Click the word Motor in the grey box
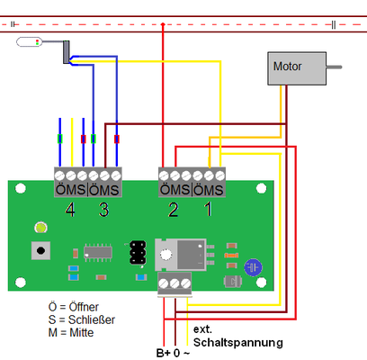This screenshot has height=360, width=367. (x=287, y=67)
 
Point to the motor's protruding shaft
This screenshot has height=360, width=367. (x=334, y=67)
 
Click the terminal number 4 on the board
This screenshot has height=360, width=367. (x=70, y=210)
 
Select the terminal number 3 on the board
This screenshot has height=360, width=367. (x=103, y=210)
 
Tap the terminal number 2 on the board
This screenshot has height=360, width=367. (x=174, y=210)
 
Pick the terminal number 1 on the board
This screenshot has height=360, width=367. (x=209, y=209)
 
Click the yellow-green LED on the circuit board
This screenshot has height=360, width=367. (x=40, y=228)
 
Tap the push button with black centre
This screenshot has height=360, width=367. (x=40, y=250)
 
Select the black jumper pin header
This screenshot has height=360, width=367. (x=138, y=253)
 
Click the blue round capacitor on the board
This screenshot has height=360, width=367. (x=253, y=267)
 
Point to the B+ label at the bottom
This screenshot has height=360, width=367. (x=164, y=353)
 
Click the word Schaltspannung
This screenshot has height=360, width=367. (x=238, y=343)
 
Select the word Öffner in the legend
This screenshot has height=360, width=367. (x=84, y=307)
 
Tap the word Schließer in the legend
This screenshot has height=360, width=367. (x=92, y=319)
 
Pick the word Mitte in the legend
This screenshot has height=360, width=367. (x=82, y=333)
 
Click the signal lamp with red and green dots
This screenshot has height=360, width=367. (x=30, y=42)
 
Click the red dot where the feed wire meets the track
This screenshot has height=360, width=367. (x=163, y=24)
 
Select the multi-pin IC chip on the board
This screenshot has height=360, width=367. (x=98, y=253)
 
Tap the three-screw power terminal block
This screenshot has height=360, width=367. (x=175, y=283)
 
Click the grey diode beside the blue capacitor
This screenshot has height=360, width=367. (x=233, y=282)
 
